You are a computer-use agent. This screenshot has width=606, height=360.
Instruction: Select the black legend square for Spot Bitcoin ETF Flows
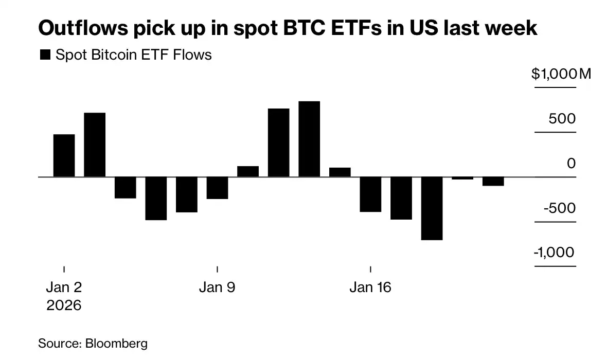pos(45,55)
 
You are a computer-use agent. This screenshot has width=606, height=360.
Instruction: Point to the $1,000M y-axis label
pos(561,74)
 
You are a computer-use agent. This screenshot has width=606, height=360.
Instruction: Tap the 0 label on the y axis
pos(572,164)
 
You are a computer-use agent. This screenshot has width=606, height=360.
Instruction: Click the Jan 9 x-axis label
pos(217,287)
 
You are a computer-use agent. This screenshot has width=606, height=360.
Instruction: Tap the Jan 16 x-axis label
pos(370,287)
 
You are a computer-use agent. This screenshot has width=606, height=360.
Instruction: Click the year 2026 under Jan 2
pos(64,305)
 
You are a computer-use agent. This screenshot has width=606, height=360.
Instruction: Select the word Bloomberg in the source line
pos(116,343)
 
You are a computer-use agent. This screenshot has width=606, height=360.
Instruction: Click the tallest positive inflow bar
pos(309,139)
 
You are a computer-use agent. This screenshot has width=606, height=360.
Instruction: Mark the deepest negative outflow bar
pos(432,208)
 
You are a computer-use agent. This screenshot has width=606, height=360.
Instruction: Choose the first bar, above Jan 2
pos(64,155)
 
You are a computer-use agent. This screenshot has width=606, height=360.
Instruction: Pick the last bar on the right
pos(493,181)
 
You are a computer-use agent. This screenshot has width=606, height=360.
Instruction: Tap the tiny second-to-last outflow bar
pos(462,178)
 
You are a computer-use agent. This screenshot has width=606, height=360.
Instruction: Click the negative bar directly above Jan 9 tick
pos(217,188)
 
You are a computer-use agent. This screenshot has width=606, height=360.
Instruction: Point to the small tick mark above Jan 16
pos(370,269)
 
